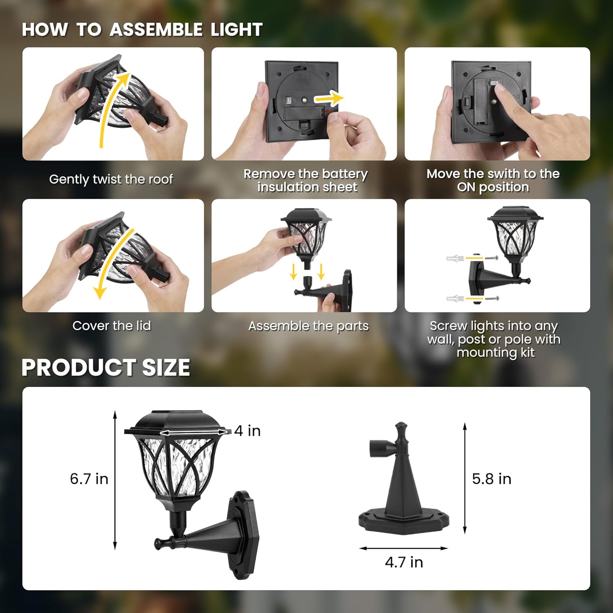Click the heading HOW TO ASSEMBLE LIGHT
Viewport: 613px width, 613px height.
[142, 30]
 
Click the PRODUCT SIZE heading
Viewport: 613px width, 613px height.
[106, 367]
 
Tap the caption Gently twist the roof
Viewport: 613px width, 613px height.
[111, 179]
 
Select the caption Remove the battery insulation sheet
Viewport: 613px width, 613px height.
[306, 180]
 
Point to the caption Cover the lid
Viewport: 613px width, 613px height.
[112, 326]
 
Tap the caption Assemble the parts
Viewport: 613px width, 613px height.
[308, 326]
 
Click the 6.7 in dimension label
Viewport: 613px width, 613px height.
[89, 479]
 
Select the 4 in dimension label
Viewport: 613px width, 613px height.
[248, 431]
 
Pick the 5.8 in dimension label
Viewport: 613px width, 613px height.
[492, 479]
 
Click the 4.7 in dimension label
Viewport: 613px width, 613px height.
[404, 562]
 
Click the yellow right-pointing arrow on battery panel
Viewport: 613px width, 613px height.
[329, 98]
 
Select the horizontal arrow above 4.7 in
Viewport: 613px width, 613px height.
[404, 548]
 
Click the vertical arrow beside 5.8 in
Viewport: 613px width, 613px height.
[465, 478]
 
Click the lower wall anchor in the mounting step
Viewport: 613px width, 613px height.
[455, 299]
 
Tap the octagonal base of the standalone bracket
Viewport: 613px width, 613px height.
[404, 521]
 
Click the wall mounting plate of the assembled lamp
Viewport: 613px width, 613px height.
[244, 535]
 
